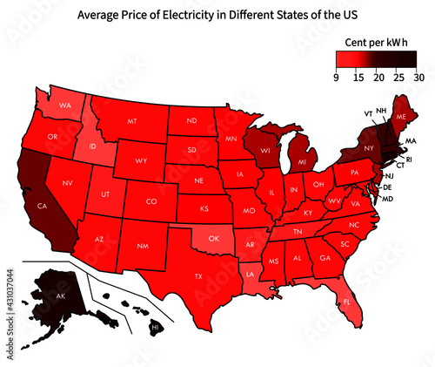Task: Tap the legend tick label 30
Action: (418, 78)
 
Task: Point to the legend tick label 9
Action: (337, 78)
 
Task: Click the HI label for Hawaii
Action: (156, 328)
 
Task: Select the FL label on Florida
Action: (347, 302)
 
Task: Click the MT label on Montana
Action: (133, 121)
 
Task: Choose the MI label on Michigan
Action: (302, 163)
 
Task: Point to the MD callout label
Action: (388, 199)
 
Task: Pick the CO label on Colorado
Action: (151, 201)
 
